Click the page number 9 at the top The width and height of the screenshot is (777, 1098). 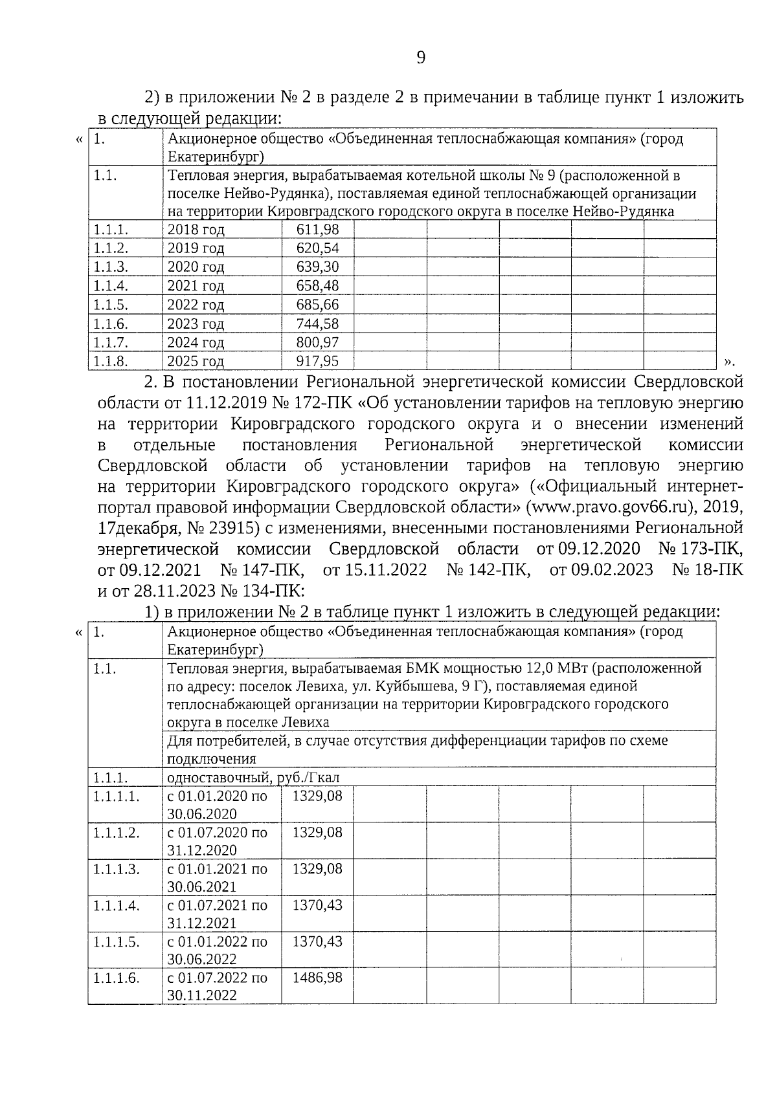421,58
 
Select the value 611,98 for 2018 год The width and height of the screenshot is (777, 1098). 317,230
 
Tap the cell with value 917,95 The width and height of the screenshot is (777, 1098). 317,361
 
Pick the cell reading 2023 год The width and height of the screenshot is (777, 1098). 196,324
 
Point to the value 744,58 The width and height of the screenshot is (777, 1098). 317,324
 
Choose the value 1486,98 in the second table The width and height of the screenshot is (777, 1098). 317,978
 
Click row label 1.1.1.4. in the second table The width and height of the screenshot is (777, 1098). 116,905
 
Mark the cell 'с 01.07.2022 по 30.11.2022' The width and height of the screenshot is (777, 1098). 217,986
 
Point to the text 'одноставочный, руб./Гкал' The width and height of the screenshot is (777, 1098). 253,778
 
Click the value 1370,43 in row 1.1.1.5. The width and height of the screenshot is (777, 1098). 317,941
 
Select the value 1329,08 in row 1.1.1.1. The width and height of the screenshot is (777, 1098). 317,796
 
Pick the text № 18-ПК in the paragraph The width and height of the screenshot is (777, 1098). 708,570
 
